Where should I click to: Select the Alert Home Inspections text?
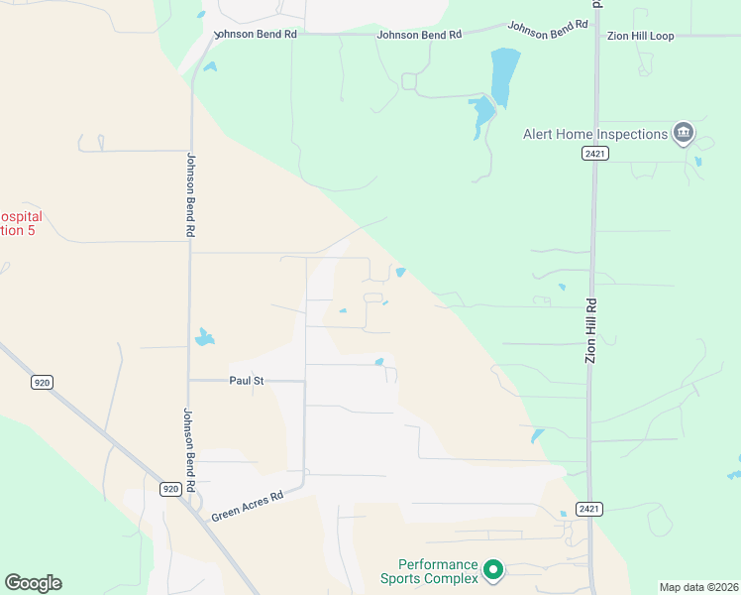click(595, 134)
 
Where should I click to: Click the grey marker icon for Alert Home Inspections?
click(683, 133)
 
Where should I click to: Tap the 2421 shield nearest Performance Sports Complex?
click(588, 509)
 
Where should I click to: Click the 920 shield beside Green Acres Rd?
click(170, 489)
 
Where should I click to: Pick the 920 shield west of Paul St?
click(40, 382)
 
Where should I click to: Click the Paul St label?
click(247, 380)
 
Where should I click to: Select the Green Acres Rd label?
click(248, 505)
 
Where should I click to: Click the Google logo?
click(33, 583)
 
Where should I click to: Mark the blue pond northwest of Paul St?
click(204, 337)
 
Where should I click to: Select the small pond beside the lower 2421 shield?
click(563, 513)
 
